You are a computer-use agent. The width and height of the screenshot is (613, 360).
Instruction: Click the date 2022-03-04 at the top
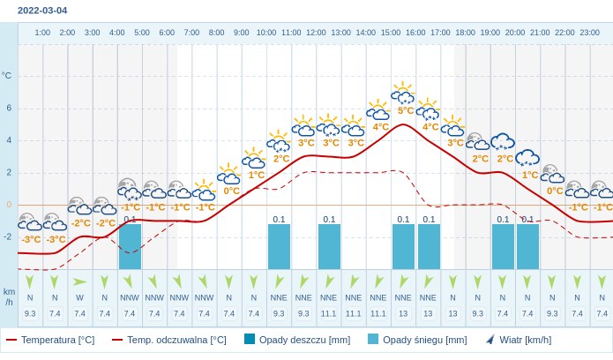tap(42, 11)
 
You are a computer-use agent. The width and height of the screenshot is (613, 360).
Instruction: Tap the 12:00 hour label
tap(316, 33)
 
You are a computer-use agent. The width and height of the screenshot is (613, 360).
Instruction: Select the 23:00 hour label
tap(590, 33)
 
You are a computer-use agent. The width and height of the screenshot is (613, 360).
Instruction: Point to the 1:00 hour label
tap(42, 33)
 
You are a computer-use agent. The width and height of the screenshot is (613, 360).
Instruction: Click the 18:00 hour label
tap(465, 33)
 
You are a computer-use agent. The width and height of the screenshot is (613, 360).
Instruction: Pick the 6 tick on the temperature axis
tap(9, 108)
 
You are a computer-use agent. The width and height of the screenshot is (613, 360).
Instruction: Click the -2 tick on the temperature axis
tap(8, 236)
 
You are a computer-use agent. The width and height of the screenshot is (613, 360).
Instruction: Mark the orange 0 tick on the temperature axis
tap(9, 205)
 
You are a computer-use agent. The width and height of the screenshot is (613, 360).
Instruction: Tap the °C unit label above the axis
tap(7, 76)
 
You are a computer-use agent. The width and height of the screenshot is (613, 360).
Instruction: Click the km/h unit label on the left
tap(9, 296)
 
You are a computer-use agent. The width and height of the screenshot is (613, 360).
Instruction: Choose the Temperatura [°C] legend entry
tap(50, 340)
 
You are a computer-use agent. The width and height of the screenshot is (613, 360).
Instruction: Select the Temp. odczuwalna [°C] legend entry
tap(168, 340)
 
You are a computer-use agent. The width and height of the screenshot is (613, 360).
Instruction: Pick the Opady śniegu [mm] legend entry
tap(417, 340)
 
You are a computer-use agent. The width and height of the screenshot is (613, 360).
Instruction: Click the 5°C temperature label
tap(406, 110)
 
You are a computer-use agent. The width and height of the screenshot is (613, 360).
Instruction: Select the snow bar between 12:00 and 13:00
tap(329, 246)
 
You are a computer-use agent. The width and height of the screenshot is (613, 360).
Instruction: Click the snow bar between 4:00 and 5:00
tap(130, 246)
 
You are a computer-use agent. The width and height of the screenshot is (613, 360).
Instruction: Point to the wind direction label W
tap(79, 297)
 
